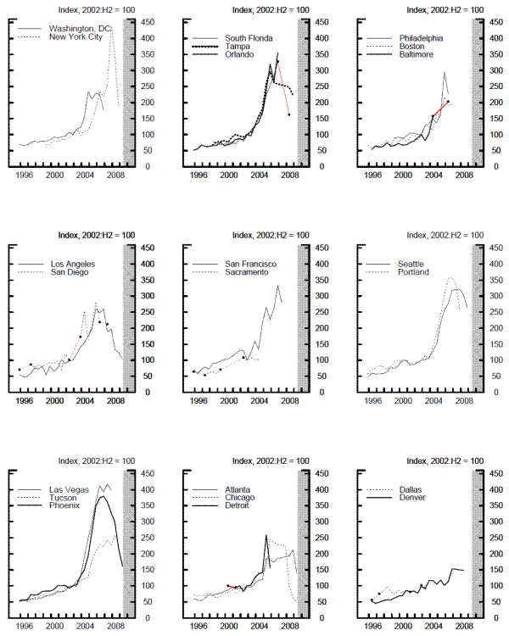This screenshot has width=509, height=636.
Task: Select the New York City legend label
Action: coord(77,37)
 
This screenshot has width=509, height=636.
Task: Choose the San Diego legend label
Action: coord(71,272)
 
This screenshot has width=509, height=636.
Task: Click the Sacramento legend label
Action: coord(249,272)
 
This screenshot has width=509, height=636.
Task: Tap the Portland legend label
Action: coord(413,272)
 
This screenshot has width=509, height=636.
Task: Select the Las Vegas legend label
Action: coord(71,489)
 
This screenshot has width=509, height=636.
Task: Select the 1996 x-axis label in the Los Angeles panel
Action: coord(25,401)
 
